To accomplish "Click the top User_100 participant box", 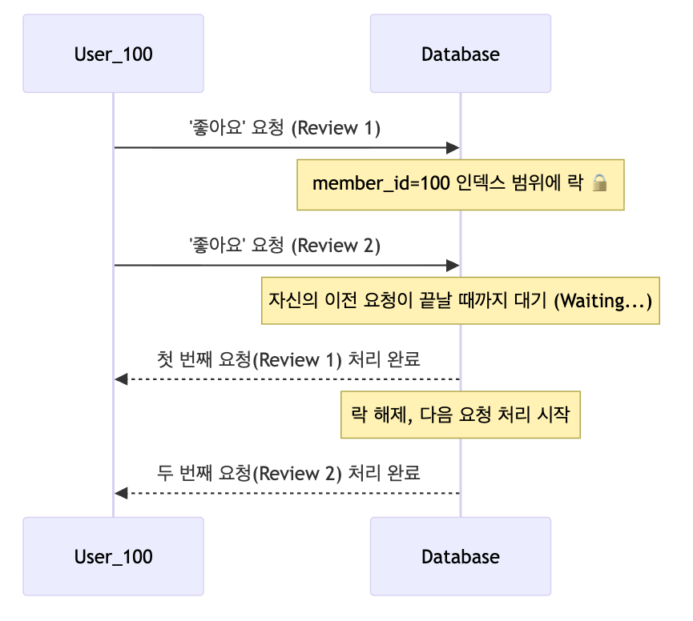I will [x=113, y=54].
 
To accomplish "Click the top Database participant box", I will [x=460, y=54].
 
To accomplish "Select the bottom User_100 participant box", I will [x=113, y=555].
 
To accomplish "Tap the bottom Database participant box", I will [x=460, y=555].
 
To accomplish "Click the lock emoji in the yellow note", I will [x=599, y=184].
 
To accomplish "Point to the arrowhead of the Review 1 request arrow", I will [x=453, y=148].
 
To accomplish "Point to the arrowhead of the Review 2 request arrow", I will [x=453, y=265].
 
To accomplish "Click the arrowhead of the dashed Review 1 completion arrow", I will [x=121, y=379].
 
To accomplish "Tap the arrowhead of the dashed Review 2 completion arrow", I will [x=121, y=493].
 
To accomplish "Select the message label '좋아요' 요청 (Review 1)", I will [x=284, y=128].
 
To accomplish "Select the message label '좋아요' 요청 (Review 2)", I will [x=284, y=246].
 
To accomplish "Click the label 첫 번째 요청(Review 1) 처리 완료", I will [x=288, y=359].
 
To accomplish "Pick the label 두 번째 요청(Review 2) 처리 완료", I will [x=288, y=473].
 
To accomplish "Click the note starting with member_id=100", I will [x=460, y=184].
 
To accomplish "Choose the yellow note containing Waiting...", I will [x=460, y=301].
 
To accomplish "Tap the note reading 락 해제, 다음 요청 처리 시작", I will [x=460, y=415].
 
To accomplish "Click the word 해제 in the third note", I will [x=389, y=415].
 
